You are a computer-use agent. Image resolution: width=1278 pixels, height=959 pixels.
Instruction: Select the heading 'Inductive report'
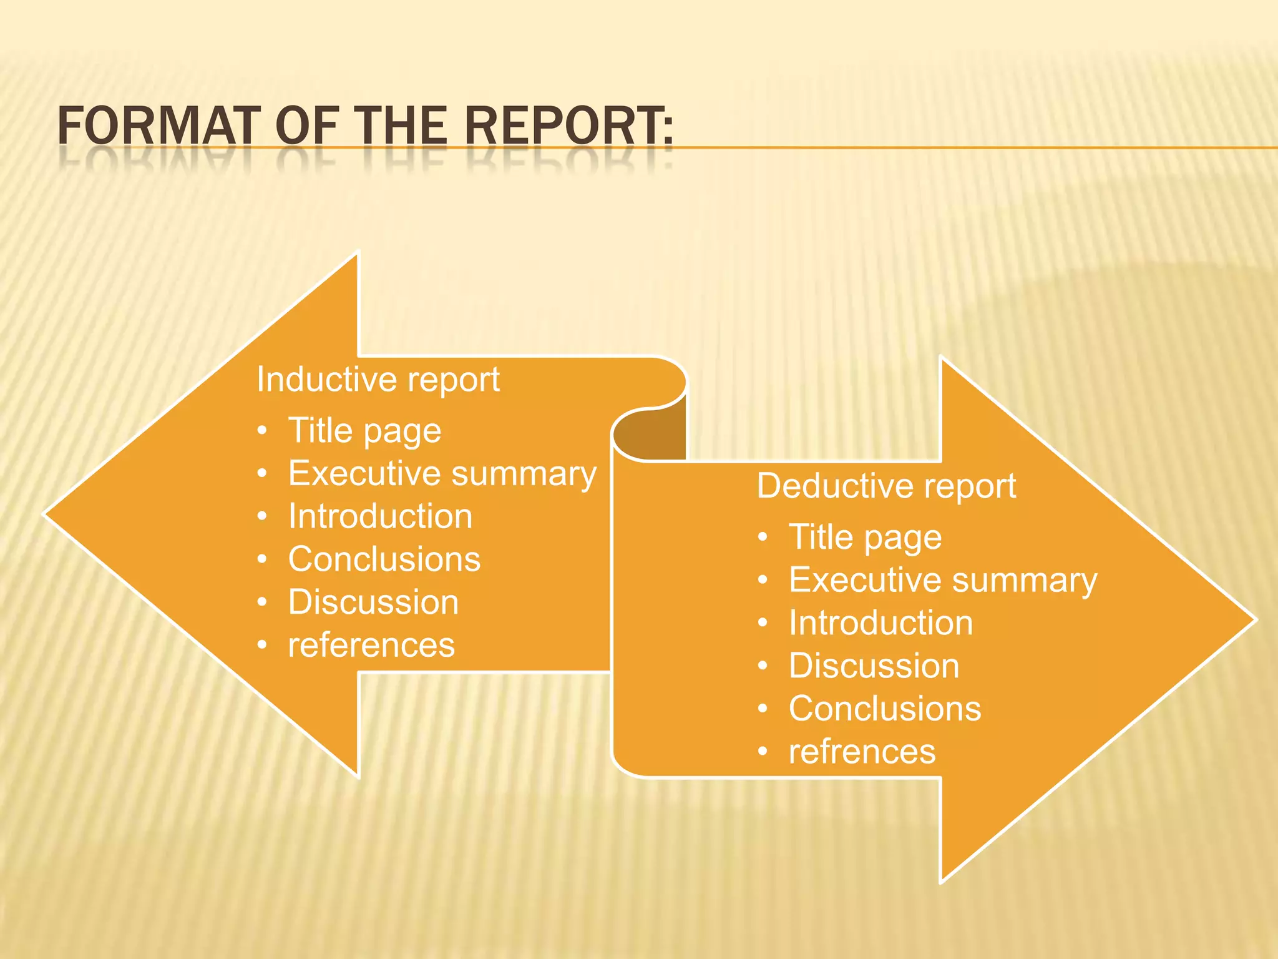(378, 380)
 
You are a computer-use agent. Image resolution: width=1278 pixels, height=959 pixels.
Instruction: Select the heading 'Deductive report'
(886, 486)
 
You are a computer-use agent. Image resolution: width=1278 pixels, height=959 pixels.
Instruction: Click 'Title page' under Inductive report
(364, 431)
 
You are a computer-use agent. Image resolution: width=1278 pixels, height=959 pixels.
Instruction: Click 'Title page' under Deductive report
(865, 538)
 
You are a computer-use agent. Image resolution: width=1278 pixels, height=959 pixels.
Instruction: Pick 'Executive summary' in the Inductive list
(442, 474)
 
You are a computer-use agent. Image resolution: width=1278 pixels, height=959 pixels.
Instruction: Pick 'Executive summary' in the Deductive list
(943, 581)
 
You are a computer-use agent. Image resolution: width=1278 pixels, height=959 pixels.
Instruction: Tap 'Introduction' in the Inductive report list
(380, 516)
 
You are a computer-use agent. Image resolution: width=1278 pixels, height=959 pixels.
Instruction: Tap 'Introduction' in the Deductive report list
(880, 623)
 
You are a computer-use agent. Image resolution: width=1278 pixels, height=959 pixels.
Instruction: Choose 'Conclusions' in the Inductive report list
(384, 559)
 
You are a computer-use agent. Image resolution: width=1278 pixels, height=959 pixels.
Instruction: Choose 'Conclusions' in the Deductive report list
(885, 709)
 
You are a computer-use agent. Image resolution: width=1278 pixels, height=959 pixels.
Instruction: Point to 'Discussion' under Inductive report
(373, 602)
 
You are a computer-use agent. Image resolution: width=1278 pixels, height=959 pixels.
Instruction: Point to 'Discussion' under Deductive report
(874, 666)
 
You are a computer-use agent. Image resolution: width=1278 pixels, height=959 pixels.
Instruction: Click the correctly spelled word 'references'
(371, 645)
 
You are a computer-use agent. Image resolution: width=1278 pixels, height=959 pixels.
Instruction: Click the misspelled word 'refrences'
(862, 752)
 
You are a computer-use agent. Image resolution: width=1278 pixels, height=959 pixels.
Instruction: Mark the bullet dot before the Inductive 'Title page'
(262, 431)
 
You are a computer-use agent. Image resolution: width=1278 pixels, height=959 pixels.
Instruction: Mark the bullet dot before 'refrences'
(763, 752)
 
